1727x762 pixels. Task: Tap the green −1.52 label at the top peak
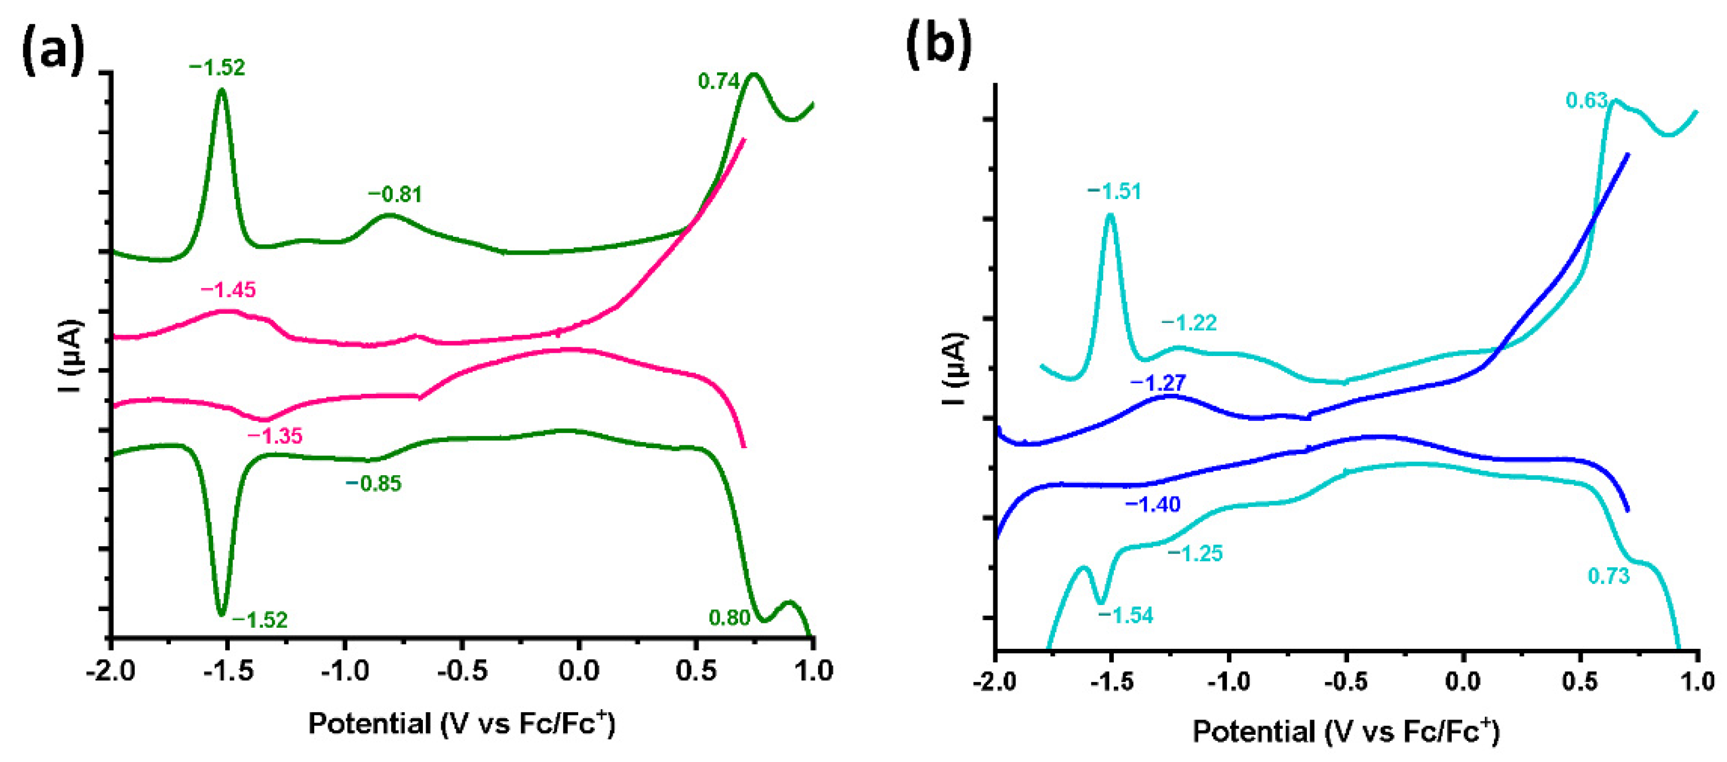[216, 68]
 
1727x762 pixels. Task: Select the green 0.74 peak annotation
[718, 81]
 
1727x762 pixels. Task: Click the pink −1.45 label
[228, 289]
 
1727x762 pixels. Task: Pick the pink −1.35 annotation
[275, 436]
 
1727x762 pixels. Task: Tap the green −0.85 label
[373, 483]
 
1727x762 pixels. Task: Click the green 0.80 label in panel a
[729, 617]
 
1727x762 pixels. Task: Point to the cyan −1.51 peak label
[1114, 192]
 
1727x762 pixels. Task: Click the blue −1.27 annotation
[1158, 383]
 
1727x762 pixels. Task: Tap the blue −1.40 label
[1153, 504]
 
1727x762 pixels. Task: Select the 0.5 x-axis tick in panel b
[1580, 682]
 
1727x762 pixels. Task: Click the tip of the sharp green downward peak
[221, 614]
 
